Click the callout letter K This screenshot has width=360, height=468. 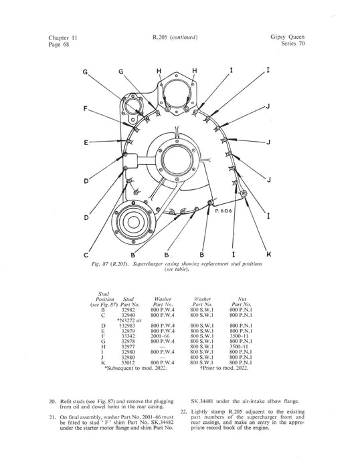click(x=268, y=254)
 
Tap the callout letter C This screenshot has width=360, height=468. click(x=86, y=255)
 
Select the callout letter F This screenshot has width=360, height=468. click(x=86, y=108)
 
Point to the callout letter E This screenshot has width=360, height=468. click(x=86, y=142)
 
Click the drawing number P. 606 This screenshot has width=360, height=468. click(x=223, y=211)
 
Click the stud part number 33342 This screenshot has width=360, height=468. click(x=128, y=336)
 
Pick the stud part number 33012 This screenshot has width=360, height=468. click(x=128, y=362)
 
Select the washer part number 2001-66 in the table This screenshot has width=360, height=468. click(x=160, y=336)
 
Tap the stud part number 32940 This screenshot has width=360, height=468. click(x=128, y=315)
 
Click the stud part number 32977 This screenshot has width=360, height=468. click(x=128, y=347)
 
